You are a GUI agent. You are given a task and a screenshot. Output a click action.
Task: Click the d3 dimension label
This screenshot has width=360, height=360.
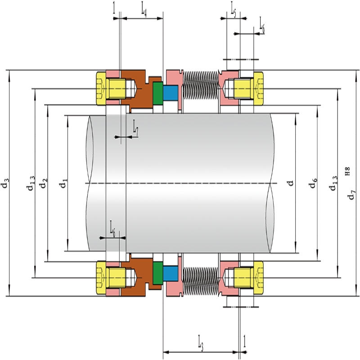[x=5, y=182]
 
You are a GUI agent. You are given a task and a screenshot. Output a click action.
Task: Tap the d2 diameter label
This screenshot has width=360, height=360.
[x=43, y=183]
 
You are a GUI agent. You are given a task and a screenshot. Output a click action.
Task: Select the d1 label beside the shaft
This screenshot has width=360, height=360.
[x=63, y=183]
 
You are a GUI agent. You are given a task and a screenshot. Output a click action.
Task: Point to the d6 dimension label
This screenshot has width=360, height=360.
[x=314, y=183]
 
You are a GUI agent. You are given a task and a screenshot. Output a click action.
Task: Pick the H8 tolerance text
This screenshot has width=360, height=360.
[x=348, y=171]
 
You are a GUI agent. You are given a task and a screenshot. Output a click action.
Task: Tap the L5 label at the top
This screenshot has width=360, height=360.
[x=233, y=12]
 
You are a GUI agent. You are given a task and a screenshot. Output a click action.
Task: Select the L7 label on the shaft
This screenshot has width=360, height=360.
[x=136, y=131]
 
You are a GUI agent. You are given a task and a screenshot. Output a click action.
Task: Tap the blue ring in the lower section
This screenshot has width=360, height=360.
[x=171, y=274]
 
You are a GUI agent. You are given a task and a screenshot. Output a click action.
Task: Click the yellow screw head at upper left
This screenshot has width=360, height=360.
[x=101, y=89]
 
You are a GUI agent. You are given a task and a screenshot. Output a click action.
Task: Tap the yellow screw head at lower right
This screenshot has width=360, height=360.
[x=258, y=278]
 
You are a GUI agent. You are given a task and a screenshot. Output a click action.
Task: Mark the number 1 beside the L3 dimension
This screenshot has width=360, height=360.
[x=244, y=341]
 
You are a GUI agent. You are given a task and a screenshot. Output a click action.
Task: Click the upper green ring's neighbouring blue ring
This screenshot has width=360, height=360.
[x=171, y=93]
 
